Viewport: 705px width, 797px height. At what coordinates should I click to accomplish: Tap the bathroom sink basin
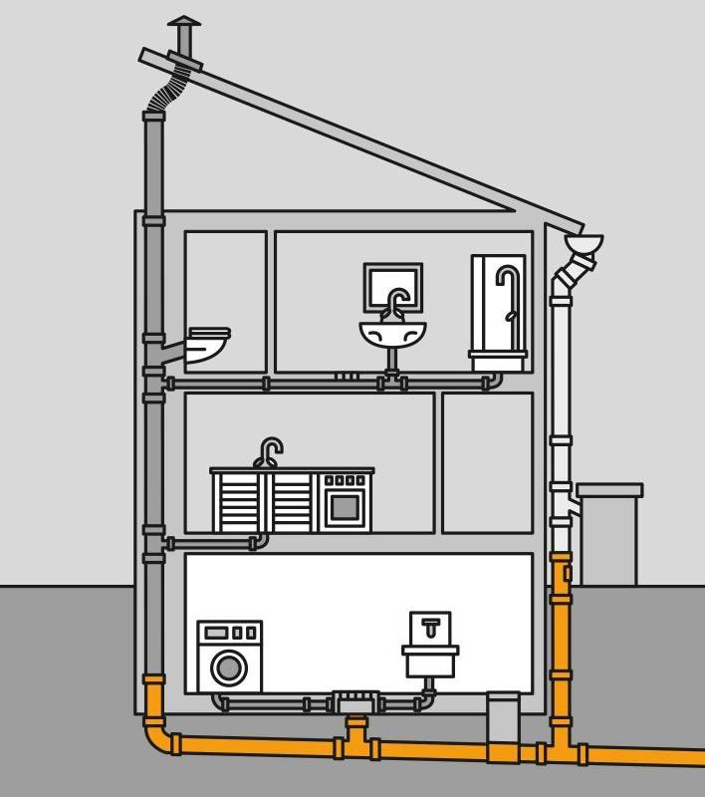392,333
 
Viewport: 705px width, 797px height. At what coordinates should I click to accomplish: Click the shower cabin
498,309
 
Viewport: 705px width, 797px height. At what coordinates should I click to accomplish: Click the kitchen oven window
345,507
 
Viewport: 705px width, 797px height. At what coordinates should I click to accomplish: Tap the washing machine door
230,666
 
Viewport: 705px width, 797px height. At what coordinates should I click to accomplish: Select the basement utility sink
430,658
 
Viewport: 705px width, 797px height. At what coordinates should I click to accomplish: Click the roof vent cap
183,22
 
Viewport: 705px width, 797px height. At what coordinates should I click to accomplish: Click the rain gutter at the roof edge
584,242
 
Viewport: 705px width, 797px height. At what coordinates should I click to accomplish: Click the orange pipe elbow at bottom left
157,737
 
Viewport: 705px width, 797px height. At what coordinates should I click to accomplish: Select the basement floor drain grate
354,701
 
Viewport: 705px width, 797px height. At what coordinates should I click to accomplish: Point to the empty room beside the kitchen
487,462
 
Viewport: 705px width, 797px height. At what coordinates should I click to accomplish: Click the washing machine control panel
229,633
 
